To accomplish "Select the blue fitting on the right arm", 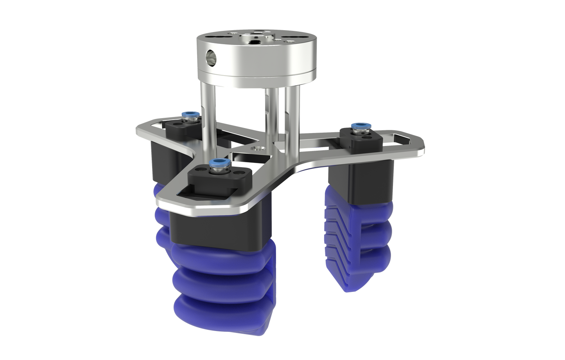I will coord(357,126).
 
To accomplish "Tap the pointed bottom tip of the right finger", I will coord(349,288).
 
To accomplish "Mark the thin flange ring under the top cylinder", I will coord(250,78).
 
